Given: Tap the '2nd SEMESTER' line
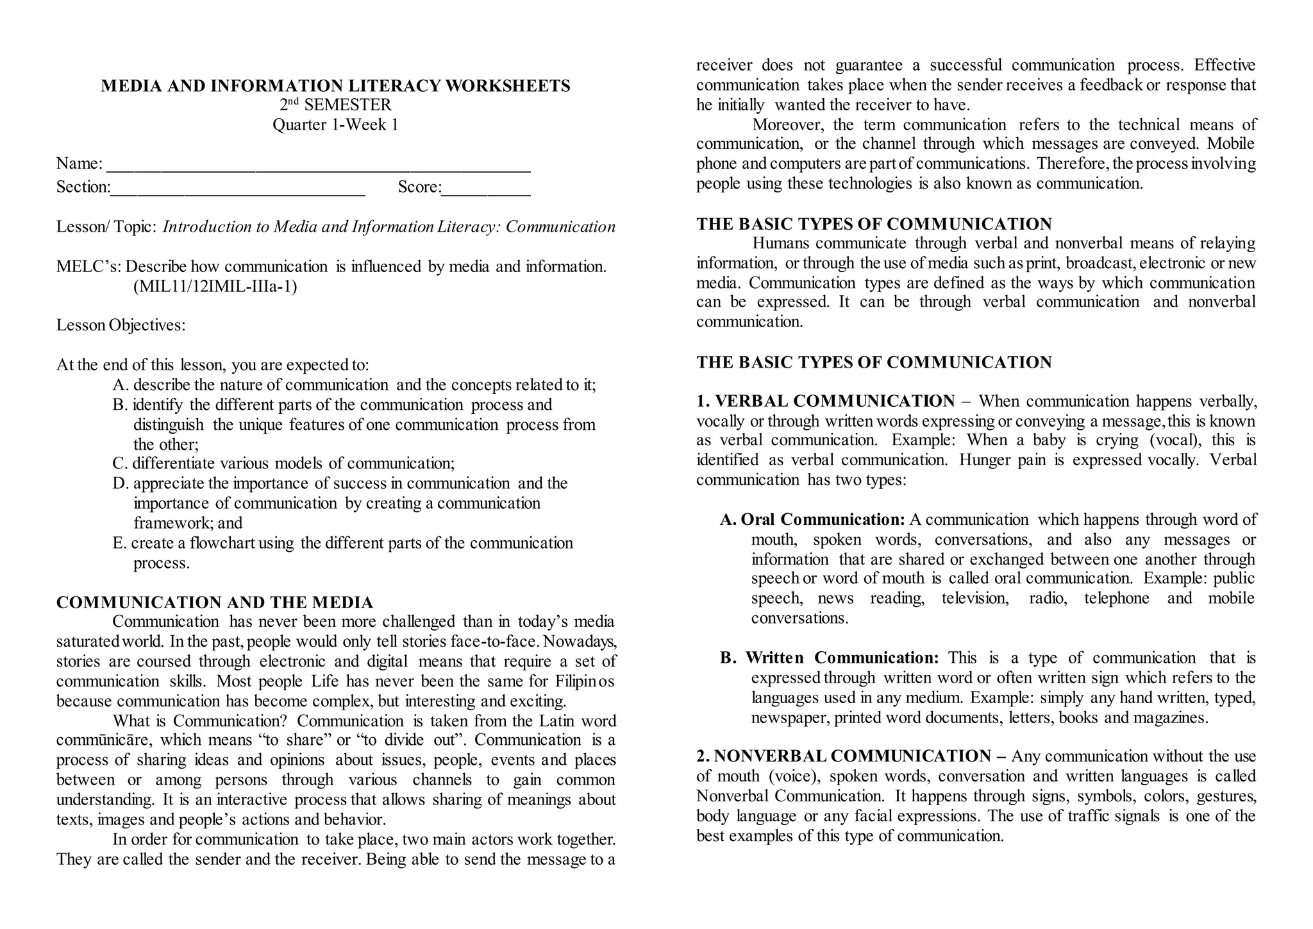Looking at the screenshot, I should [x=335, y=105].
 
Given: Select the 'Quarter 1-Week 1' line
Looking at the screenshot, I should [x=335, y=124].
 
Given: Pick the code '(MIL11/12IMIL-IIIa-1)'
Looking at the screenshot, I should [x=215, y=286].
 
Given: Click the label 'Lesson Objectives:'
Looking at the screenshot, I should [x=121, y=325].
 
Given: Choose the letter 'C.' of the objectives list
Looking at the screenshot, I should [x=120, y=463].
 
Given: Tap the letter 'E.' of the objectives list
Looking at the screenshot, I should [x=119, y=543].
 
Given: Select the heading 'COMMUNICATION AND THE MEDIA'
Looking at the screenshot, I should [x=215, y=602].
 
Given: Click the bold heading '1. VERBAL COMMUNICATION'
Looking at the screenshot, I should [x=826, y=402].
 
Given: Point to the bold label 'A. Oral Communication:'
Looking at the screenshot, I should [x=812, y=520].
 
